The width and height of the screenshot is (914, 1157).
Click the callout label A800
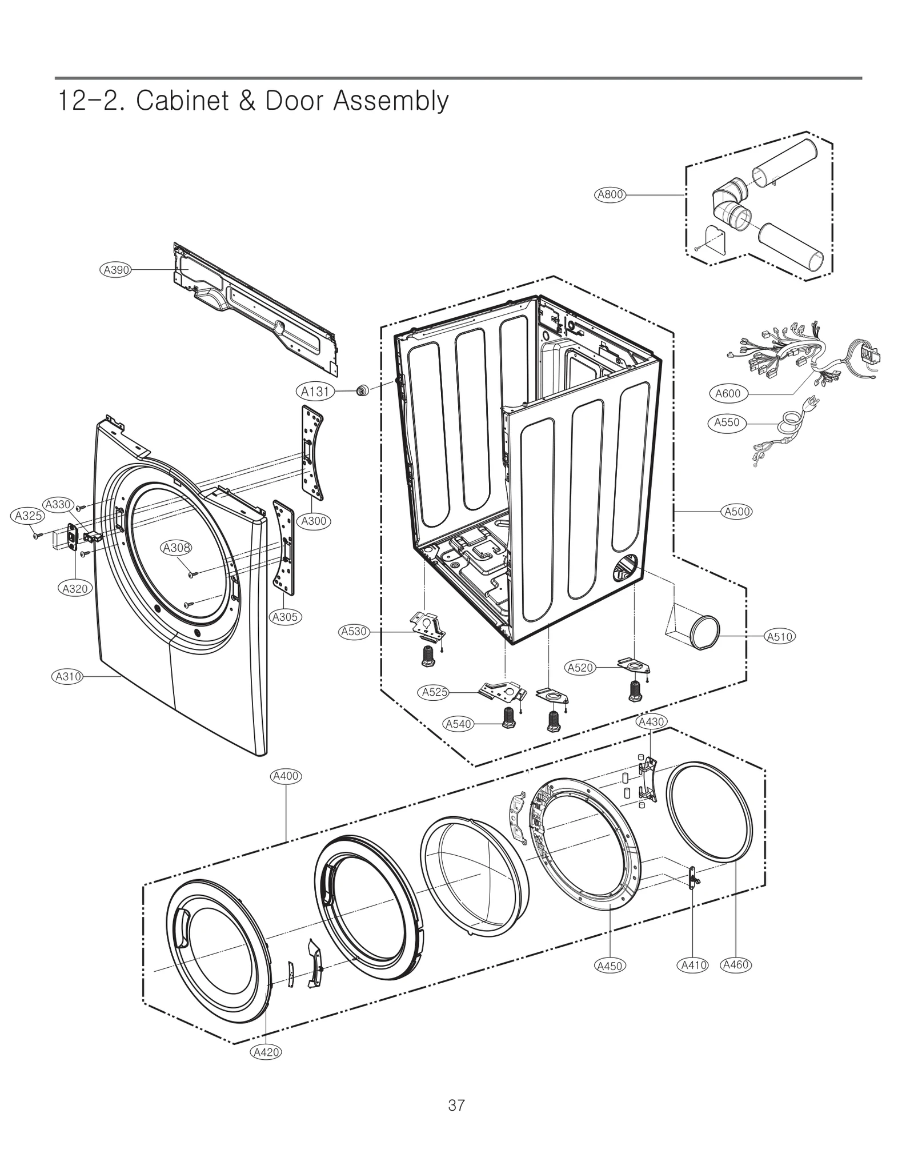pyautogui.click(x=610, y=194)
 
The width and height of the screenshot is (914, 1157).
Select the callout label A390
pyautogui.click(x=116, y=270)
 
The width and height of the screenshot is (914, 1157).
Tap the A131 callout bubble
pyautogui.click(x=315, y=392)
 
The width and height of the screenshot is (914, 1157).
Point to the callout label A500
pyautogui.click(x=737, y=512)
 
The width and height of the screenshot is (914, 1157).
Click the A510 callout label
pyautogui.click(x=780, y=636)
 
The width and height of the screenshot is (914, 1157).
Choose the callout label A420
pyautogui.click(x=266, y=1052)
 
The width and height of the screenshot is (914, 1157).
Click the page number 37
pyautogui.click(x=456, y=1106)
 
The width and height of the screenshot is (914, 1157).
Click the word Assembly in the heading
pyautogui.click(x=391, y=101)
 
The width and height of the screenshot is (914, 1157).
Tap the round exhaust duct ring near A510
pyautogui.click(x=704, y=632)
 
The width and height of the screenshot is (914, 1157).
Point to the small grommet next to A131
pyautogui.click(x=362, y=391)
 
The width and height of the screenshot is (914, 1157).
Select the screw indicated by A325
pyautogui.click(x=37, y=536)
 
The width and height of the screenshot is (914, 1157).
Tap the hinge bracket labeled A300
pyautogui.click(x=312, y=452)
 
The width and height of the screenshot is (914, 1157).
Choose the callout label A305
pyautogui.click(x=285, y=617)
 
